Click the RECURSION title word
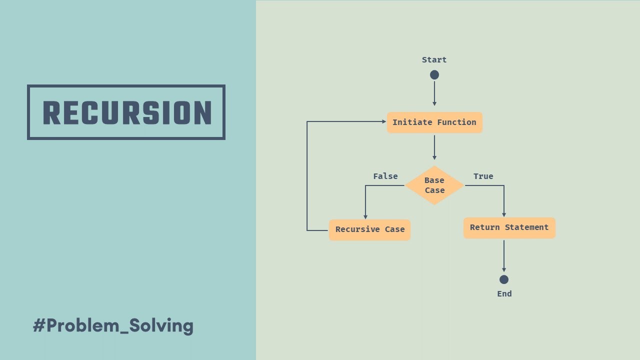click(x=126, y=112)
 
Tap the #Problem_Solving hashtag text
click(x=113, y=326)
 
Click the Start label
click(x=434, y=60)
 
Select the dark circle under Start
click(x=434, y=75)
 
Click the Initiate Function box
click(x=434, y=122)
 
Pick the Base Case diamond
click(x=434, y=185)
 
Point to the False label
click(x=385, y=176)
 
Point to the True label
click(x=483, y=176)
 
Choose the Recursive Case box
click(x=370, y=229)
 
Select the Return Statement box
click(x=509, y=227)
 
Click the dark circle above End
click(x=504, y=279)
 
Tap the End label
click(x=504, y=294)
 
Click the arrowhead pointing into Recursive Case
click(x=365, y=216)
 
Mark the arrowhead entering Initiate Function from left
click(x=384, y=121)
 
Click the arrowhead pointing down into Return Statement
click(x=504, y=214)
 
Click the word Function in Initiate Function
click(x=456, y=122)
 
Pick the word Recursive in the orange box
click(x=357, y=229)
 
